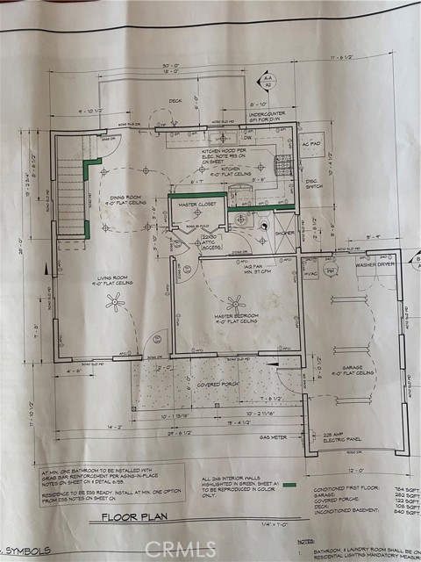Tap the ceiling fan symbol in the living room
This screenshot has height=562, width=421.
(x=114, y=302)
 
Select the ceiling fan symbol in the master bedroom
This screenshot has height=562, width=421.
(x=235, y=303)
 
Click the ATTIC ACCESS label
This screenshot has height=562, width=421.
(x=211, y=241)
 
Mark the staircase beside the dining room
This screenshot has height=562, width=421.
(x=69, y=189)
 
